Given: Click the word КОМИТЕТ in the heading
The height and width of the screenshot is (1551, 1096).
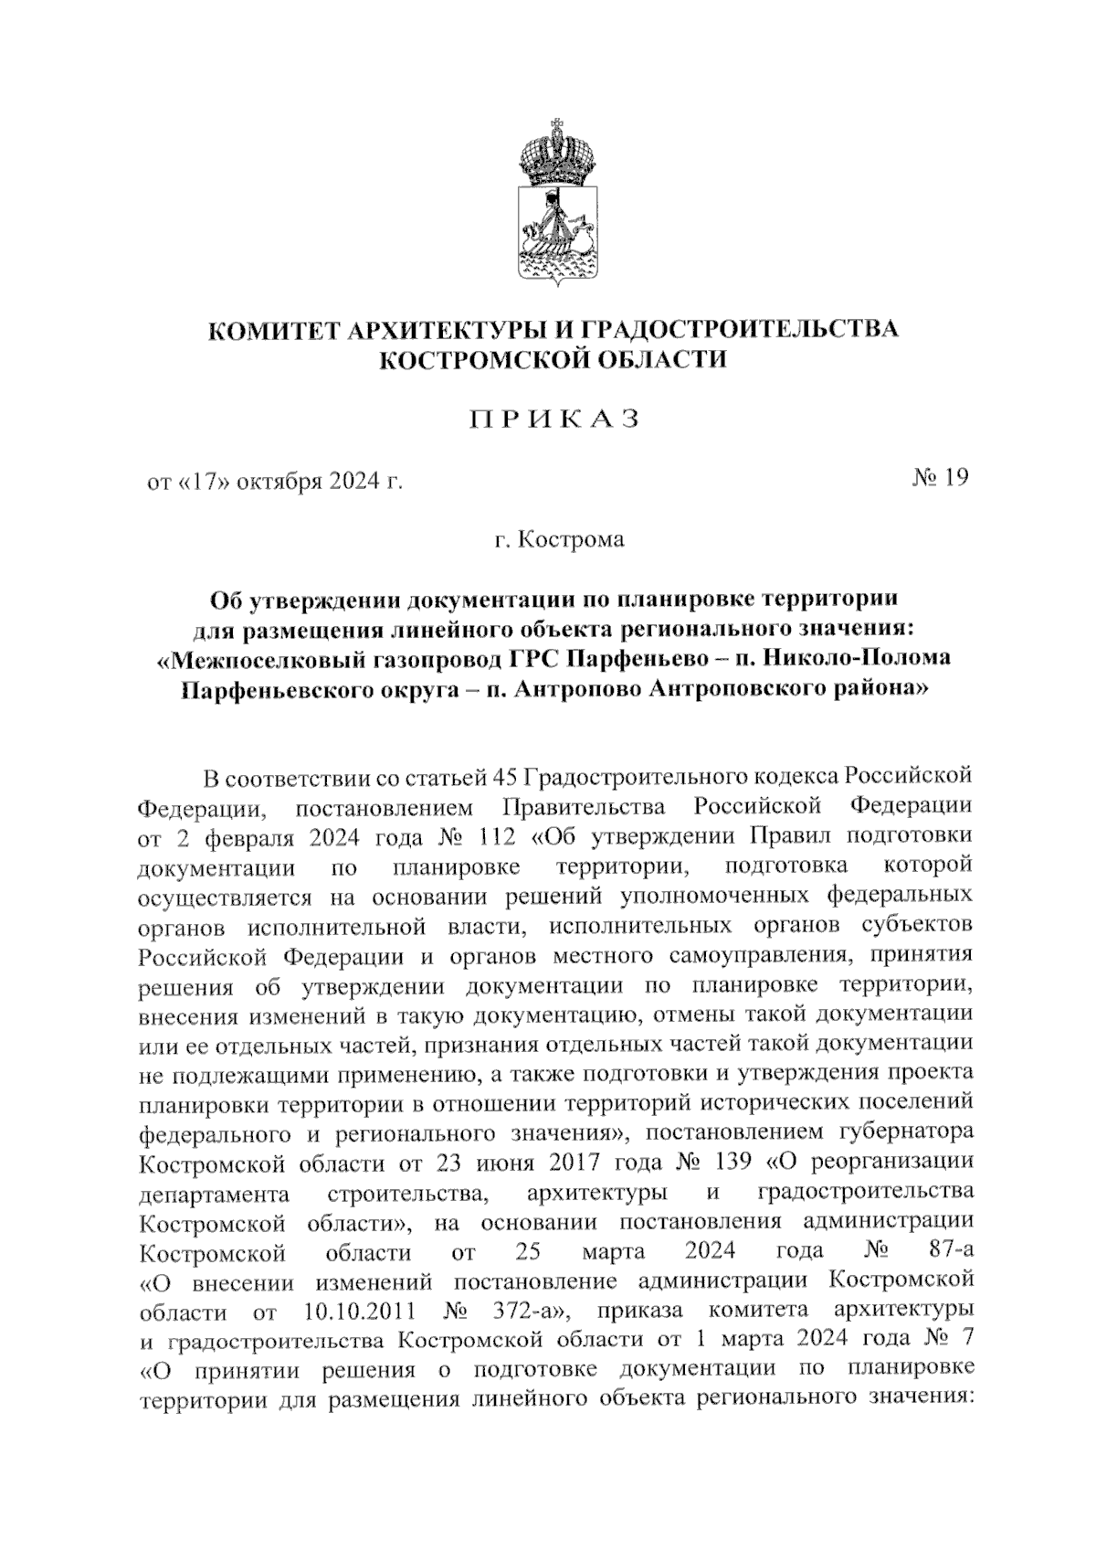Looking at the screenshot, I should point(270,329).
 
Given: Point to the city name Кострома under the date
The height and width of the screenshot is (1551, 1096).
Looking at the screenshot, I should point(571,540).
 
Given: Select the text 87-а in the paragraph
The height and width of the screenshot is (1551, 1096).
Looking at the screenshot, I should point(942,1250).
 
